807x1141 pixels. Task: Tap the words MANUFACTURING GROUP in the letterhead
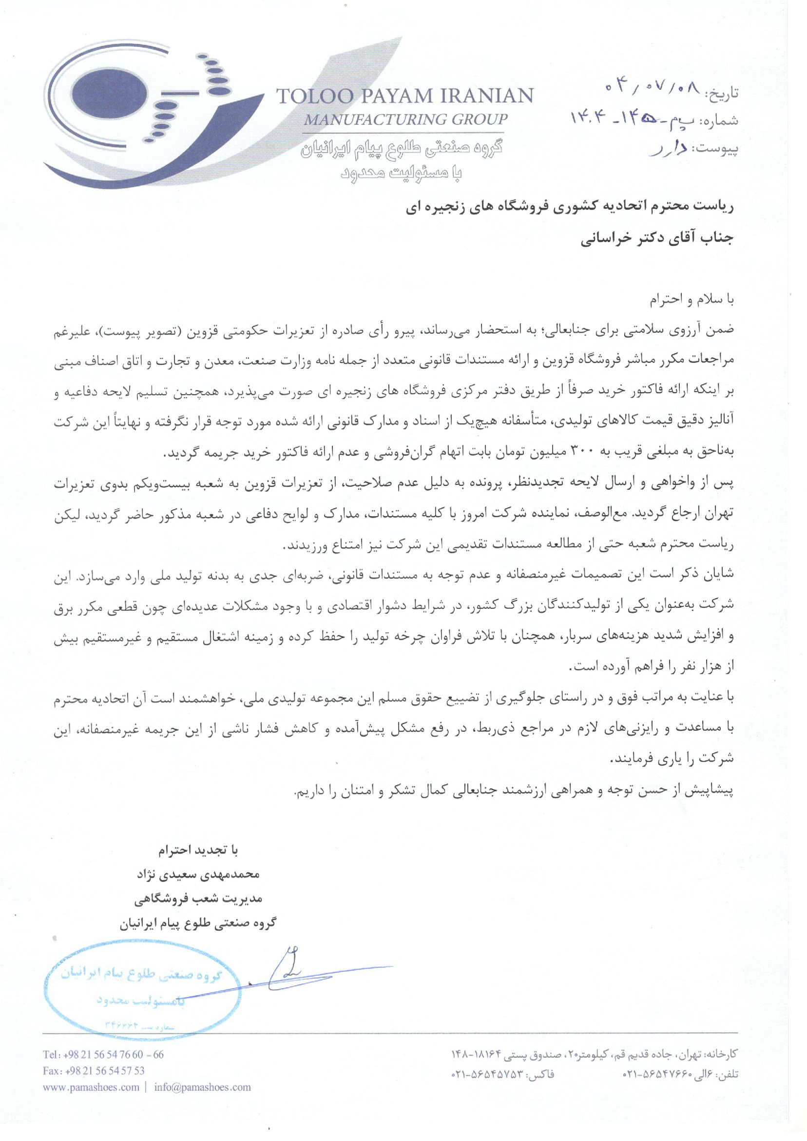click(405, 120)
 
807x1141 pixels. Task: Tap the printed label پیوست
click(718, 149)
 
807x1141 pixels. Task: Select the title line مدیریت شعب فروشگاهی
click(198, 899)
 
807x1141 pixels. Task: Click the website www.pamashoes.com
click(91, 1087)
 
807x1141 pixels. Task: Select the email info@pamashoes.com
click(202, 1087)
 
